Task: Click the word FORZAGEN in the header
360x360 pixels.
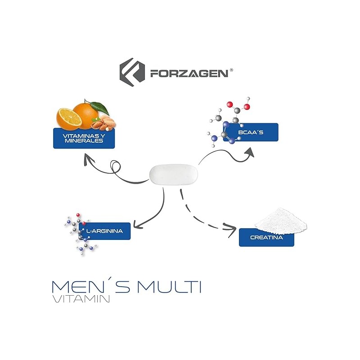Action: pos(189,73)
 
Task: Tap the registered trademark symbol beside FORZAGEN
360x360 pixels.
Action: pos(231,70)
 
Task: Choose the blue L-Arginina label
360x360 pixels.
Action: pos(104,231)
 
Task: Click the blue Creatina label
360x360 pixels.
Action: pos(266,237)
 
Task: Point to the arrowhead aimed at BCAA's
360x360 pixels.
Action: pos(249,152)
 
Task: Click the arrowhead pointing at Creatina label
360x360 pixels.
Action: pos(231,231)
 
